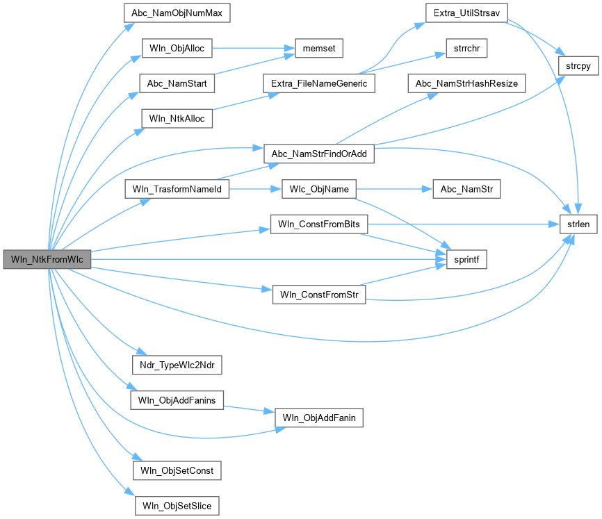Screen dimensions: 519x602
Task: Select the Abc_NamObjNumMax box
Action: pos(176,13)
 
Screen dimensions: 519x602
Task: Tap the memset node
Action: pos(319,49)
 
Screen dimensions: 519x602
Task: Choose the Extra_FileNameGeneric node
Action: pos(318,83)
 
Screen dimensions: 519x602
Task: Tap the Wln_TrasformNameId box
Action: pos(176,189)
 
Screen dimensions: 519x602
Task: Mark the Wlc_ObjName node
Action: pos(318,189)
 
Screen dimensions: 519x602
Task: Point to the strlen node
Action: pos(578,224)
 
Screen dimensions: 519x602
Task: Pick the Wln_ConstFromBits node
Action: pos(318,224)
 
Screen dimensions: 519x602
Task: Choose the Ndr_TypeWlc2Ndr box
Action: pos(176,365)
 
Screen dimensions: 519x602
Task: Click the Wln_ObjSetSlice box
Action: pos(176,505)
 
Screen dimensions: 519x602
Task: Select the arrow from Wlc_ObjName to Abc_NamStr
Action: pos(393,189)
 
